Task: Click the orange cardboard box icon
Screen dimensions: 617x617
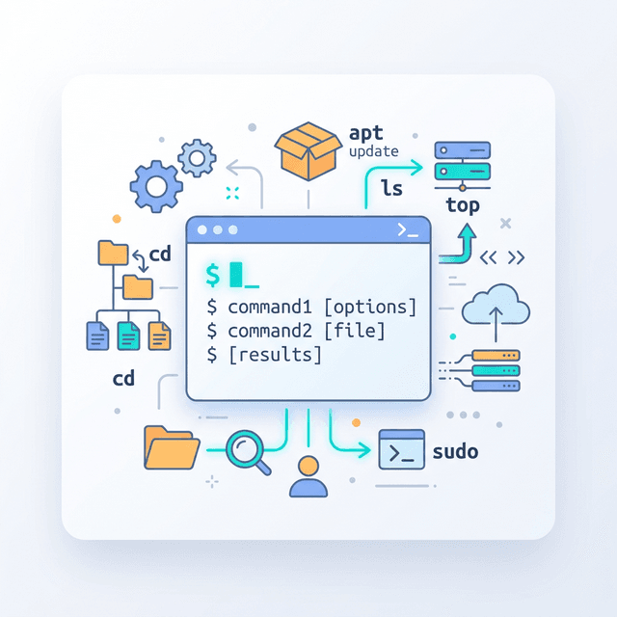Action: click(308, 151)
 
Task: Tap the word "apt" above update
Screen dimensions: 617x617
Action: click(366, 133)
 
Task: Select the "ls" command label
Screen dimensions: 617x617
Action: click(391, 188)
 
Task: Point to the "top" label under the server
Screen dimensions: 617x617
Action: click(463, 205)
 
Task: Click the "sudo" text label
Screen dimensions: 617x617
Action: click(455, 451)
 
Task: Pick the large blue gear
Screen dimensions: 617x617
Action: click(156, 186)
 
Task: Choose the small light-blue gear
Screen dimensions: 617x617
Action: click(197, 158)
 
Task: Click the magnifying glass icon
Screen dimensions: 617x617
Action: click(248, 452)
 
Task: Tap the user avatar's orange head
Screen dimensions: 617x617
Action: click(308, 467)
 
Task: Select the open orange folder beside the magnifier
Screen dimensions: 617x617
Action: click(172, 447)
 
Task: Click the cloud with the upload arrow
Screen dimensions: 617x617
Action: click(496, 305)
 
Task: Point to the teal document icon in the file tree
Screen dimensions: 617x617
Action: click(128, 335)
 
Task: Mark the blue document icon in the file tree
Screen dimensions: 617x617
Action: click(97, 335)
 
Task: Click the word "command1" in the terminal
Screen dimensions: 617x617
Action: click(270, 308)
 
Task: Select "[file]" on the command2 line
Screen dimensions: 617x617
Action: click(355, 331)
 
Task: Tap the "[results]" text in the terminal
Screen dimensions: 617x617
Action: click(276, 355)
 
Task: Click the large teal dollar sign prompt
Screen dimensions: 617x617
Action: click(213, 275)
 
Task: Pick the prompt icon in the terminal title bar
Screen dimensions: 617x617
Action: click(408, 229)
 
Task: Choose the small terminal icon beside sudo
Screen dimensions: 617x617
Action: click(401, 449)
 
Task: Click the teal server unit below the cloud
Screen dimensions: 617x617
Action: click(496, 370)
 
